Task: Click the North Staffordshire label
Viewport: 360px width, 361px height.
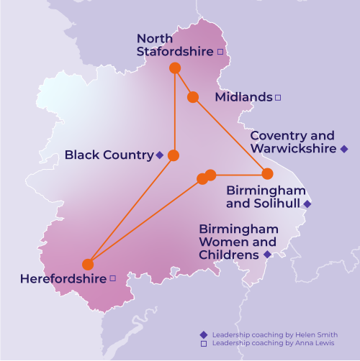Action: pyautogui.click(x=175, y=45)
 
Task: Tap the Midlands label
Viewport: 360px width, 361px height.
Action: pyautogui.click(x=243, y=96)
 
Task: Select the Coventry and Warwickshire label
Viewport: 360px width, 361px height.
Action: pyautogui.click(x=292, y=142)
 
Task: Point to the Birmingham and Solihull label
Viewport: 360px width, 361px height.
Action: pyautogui.click(x=266, y=197)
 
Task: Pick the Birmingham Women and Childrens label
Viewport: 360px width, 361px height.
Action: pyautogui.click(x=237, y=242)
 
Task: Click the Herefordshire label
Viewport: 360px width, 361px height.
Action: pyautogui.click(x=63, y=278)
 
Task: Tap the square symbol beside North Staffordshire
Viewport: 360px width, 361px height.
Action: pyautogui.click(x=220, y=52)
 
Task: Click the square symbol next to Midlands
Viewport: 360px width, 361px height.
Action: pyautogui.click(x=279, y=96)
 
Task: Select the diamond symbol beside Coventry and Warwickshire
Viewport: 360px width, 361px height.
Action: pyautogui.click(x=344, y=149)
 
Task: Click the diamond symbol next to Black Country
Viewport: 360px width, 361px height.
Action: pyautogui.click(x=159, y=155)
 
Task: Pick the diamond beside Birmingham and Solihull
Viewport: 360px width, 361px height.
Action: pyautogui.click(x=307, y=204)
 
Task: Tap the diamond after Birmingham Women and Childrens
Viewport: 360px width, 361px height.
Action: pyautogui.click(x=267, y=255)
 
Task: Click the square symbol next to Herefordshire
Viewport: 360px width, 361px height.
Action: pyautogui.click(x=112, y=278)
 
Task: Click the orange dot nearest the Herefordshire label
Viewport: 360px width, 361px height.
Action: pyautogui.click(x=88, y=264)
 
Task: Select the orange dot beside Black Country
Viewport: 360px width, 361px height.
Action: pyautogui.click(x=173, y=155)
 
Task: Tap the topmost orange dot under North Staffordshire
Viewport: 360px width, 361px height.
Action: pyautogui.click(x=174, y=68)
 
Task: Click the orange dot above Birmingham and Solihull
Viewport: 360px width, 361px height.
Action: pyautogui.click(x=267, y=173)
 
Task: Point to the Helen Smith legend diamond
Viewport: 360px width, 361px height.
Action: pyautogui.click(x=204, y=334)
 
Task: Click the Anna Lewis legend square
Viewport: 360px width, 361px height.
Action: pyautogui.click(x=204, y=344)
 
